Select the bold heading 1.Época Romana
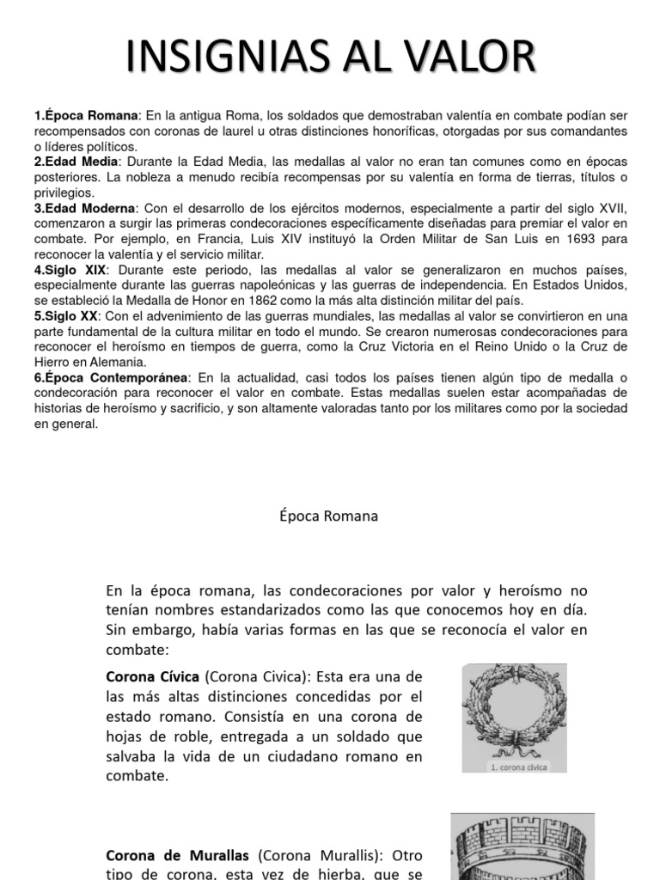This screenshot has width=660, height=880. [x=86, y=115]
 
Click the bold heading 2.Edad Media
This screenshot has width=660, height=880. [x=78, y=162]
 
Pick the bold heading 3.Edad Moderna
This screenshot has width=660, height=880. [x=84, y=208]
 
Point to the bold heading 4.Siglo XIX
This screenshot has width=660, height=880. [x=70, y=270]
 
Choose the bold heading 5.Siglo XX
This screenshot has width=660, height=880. [x=68, y=316]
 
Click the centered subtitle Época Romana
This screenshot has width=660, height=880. [x=329, y=516]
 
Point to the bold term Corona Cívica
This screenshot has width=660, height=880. [x=152, y=675]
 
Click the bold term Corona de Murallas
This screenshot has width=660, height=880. [x=177, y=855]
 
